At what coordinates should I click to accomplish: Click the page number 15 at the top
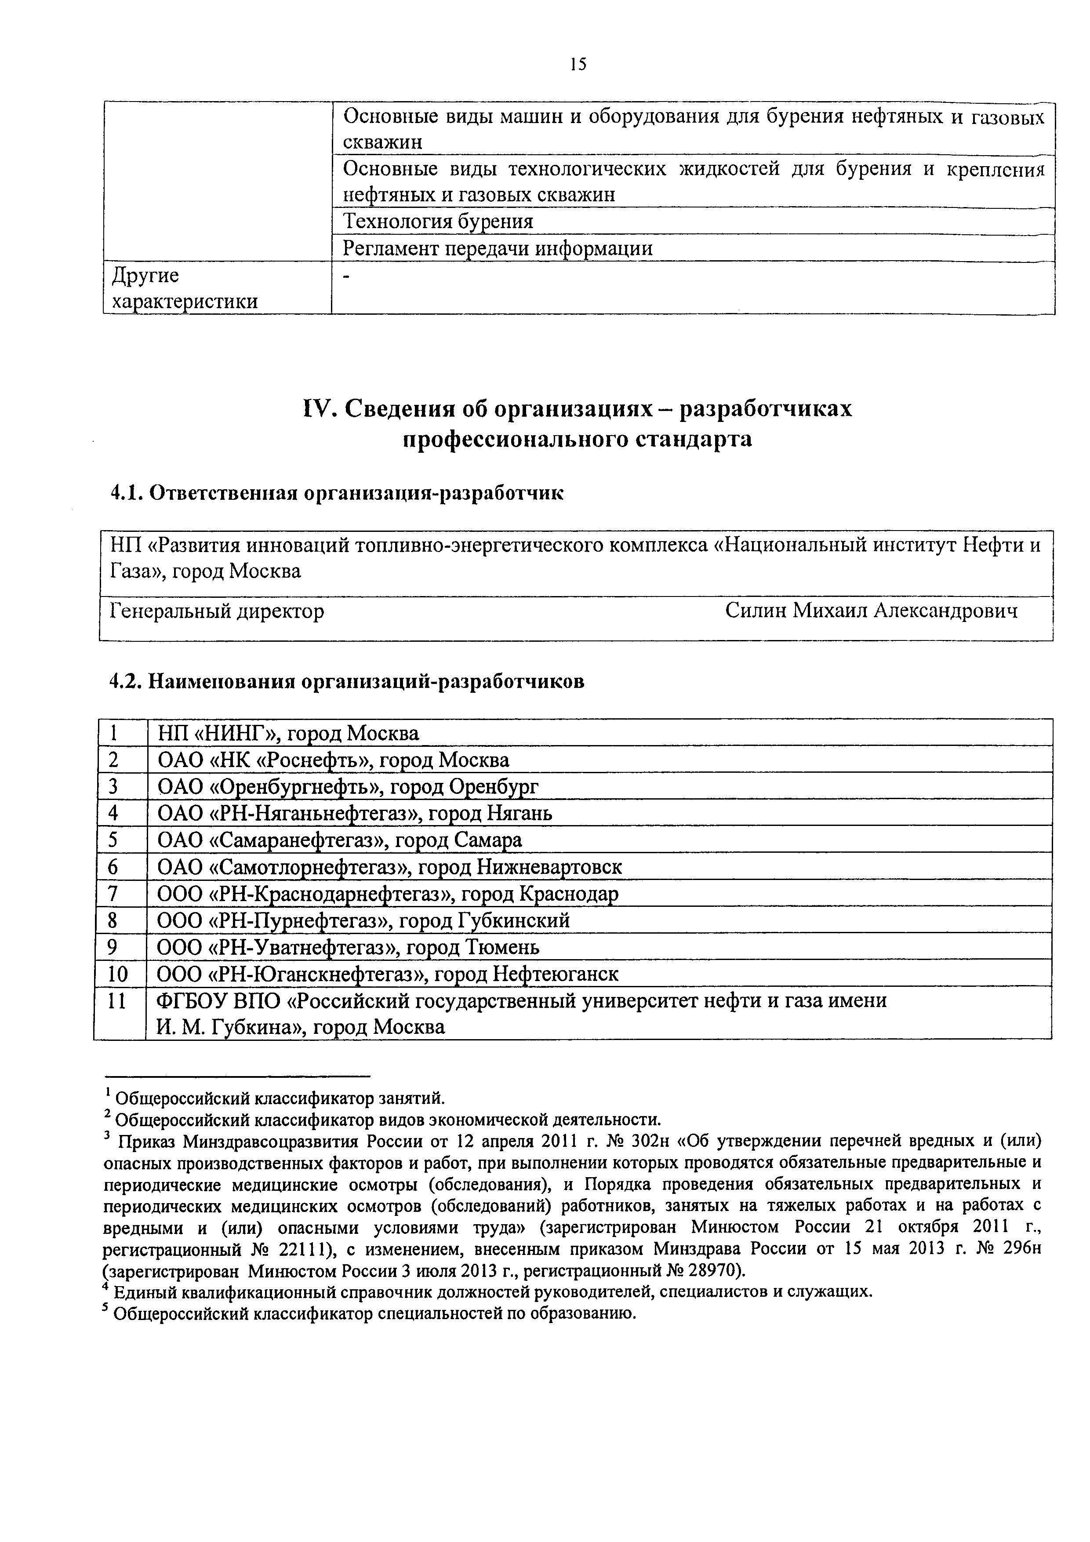pyautogui.click(x=577, y=65)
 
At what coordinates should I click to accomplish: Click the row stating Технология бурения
pyautogui.click(x=438, y=222)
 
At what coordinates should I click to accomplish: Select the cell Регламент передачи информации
pyautogui.click(x=498, y=248)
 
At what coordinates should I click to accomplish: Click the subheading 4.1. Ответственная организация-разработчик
pyautogui.click(x=337, y=493)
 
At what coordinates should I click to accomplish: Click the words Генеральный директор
pyautogui.click(x=217, y=611)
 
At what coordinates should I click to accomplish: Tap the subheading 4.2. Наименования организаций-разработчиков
pyautogui.click(x=347, y=682)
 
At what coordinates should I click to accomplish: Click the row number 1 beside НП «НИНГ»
pyautogui.click(x=113, y=733)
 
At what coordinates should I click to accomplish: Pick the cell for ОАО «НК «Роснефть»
pyautogui.click(x=333, y=760)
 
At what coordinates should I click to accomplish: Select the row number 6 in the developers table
pyautogui.click(x=113, y=867)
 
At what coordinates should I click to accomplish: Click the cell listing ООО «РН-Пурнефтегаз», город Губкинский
pyautogui.click(x=363, y=920)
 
